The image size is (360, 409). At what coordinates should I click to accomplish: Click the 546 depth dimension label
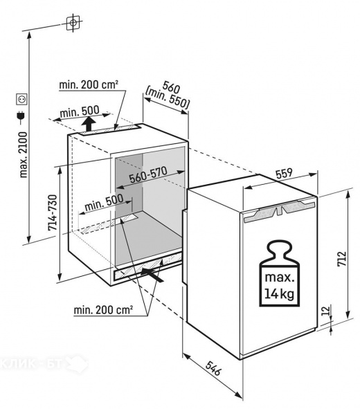(213, 368)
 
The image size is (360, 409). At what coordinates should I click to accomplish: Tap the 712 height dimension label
(341, 259)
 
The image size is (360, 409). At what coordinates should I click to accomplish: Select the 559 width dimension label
(284, 174)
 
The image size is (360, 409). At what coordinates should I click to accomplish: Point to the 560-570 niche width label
(148, 175)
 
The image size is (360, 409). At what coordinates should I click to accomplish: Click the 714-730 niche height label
(52, 212)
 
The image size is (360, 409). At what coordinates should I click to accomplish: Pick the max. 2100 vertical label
(24, 155)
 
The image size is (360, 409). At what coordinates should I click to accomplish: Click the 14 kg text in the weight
(280, 294)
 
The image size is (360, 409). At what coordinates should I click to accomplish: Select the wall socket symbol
(21, 100)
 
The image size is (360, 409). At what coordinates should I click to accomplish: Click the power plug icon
(21, 116)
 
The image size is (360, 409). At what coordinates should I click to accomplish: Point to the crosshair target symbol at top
(73, 23)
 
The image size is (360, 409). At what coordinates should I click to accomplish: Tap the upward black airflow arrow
(89, 124)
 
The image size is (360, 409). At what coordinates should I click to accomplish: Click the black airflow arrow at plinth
(152, 275)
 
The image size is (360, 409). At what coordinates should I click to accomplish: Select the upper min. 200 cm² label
(89, 84)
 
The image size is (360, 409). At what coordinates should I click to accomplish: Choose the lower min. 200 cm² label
(103, 310)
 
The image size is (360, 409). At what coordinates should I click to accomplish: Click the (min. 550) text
(168, 100)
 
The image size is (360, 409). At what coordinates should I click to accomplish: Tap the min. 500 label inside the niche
(104, 203)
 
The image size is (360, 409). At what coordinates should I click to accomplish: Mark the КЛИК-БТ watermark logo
(44, 363)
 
